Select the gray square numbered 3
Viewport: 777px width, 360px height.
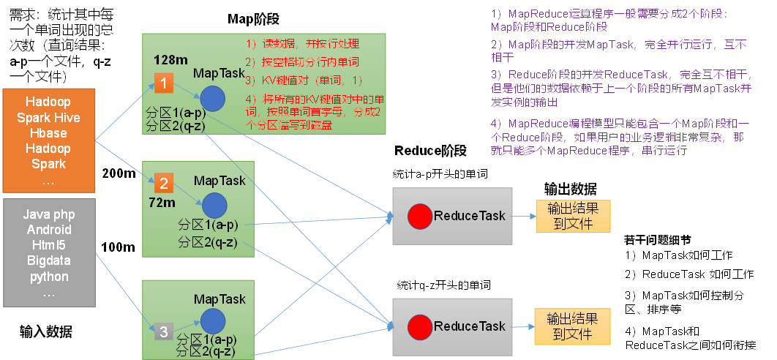coord(164,331)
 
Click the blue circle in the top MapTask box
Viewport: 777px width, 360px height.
coord(212,99)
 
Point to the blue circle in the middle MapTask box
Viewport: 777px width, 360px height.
coord(213,205)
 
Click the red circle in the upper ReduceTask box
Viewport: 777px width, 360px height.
coord(419,216)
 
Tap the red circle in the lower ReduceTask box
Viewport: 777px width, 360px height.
coord(420,326)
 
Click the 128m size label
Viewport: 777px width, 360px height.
coord(171,59)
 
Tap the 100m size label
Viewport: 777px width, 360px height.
coord(118,247)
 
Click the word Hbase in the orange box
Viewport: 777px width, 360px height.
coord(48,133)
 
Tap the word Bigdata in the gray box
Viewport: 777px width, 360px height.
coord(48,260)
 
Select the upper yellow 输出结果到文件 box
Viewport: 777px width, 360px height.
coord(567,217)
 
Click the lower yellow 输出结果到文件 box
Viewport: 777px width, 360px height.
coord(567,326)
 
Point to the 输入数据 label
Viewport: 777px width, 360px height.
coord(46,331)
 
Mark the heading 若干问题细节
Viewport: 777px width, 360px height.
coord(656,239)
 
